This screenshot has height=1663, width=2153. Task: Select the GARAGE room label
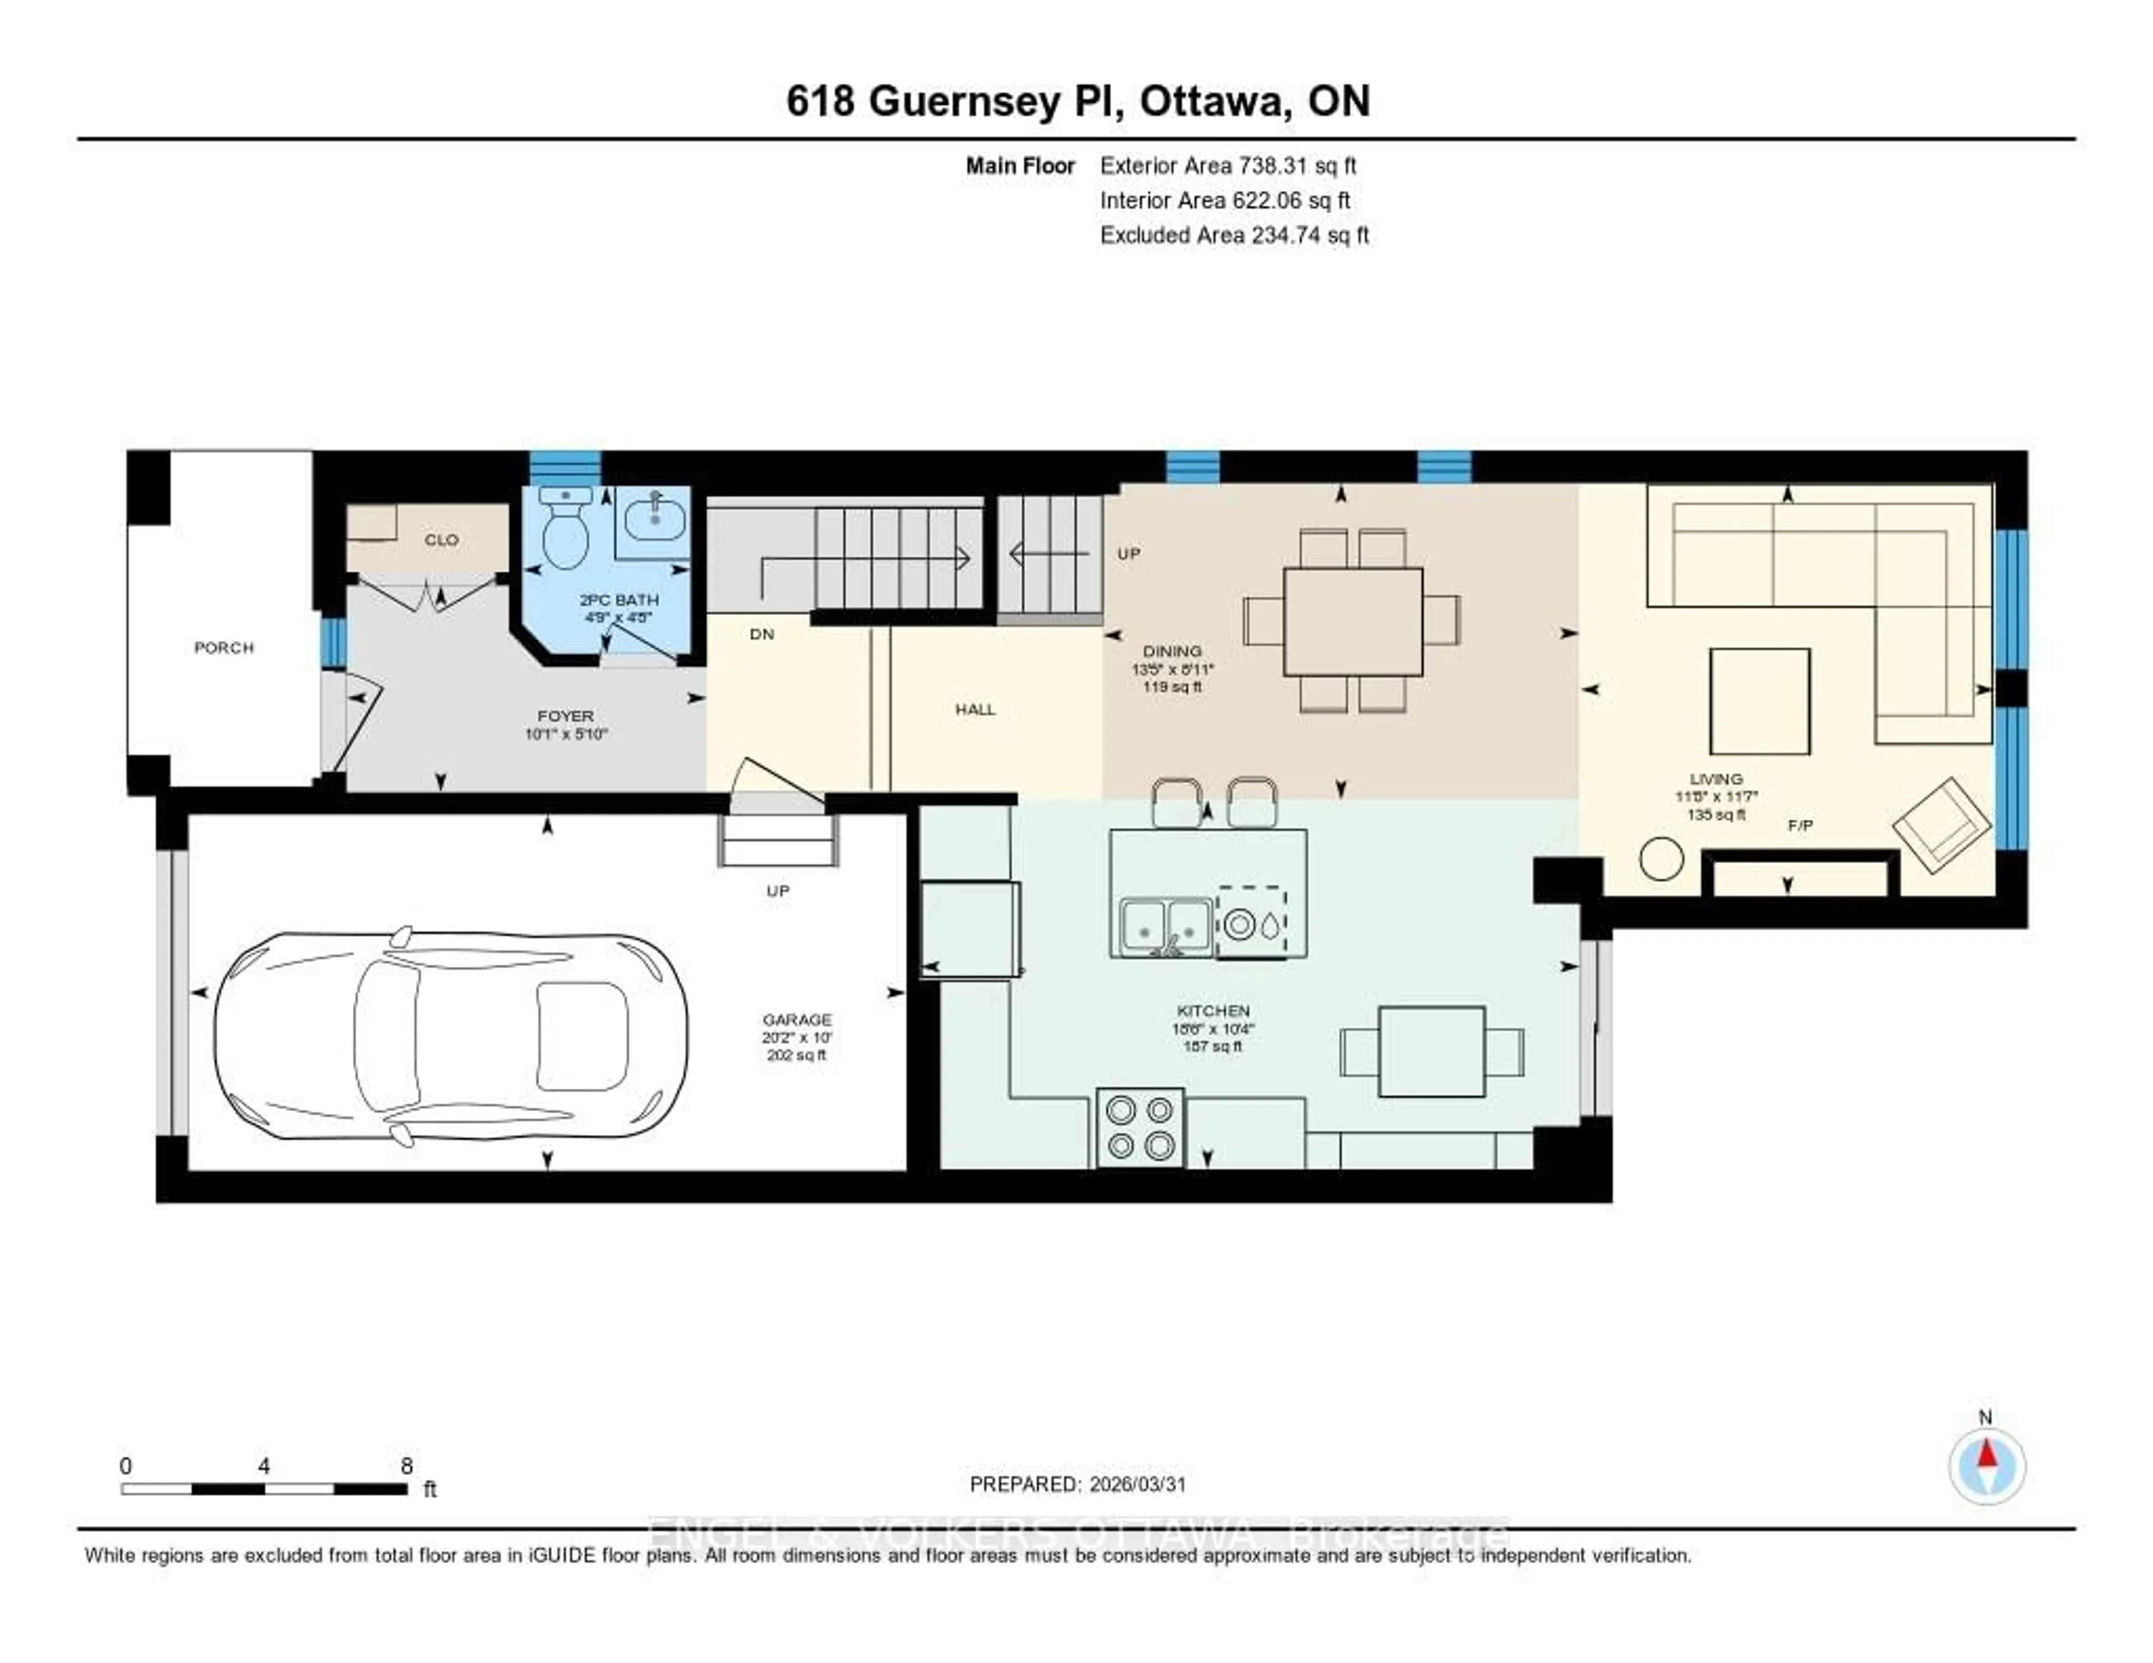click(x=797, y=1019)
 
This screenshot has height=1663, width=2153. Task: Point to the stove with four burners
click(x=1140, y=1128)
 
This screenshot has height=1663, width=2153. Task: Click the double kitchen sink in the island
click(x=1165, y=927)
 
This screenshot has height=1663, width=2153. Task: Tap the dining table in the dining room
click(x=1352, y=621)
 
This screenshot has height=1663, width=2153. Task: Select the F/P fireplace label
click(x=1800, y=825)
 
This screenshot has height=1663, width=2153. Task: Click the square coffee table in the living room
click(x=1759, y=701)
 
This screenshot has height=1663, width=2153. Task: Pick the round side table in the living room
click(x=1661, y=858)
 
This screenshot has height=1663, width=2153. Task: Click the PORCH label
click(x=224, y=648)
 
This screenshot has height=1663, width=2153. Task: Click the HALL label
click(x=975, y=709)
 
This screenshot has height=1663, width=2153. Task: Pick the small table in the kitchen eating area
click(x=1431, y=1052)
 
